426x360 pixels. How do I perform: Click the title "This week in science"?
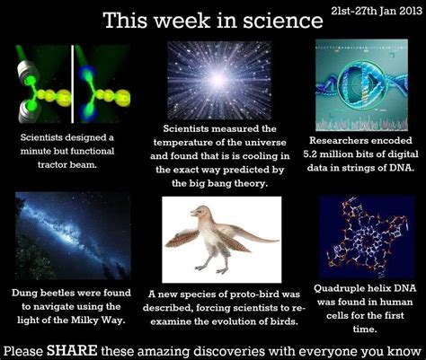[199, 21]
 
